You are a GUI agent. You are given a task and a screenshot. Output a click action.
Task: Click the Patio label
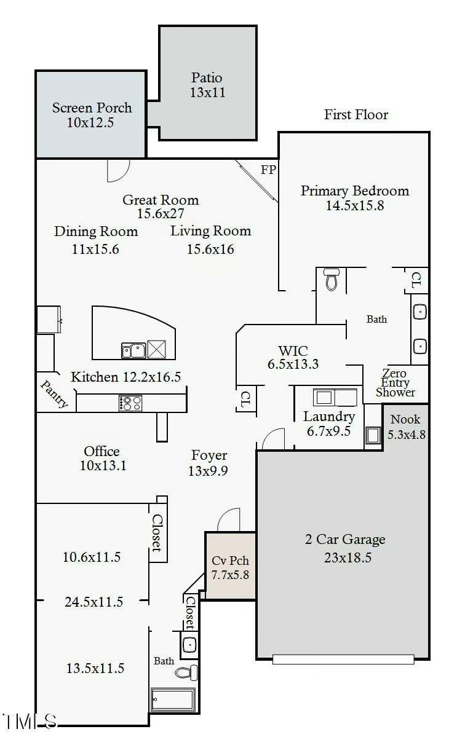click(207, 78)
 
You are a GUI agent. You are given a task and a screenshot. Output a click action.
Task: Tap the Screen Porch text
click(92, 108)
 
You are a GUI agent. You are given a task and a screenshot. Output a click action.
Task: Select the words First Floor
click(356, 114)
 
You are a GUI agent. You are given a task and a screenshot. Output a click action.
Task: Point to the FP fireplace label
click(268, 170)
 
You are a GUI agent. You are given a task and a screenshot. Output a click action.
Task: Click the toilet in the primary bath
click(332, 280)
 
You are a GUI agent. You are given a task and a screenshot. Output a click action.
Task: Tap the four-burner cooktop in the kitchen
click(130, 403)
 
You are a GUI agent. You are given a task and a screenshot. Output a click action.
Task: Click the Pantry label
click(55, 394)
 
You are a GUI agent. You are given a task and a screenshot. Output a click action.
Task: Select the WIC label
click(293, 351)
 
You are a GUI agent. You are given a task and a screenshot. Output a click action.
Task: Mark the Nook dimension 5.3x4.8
click(406, 435)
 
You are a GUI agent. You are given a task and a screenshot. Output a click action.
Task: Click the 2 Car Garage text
click(345, 540)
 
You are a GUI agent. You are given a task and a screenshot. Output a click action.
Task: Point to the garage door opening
click(343, 660)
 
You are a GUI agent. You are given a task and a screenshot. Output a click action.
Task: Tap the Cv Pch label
click(230, 561)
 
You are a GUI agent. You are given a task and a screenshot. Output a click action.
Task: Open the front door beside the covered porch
click(228, 520)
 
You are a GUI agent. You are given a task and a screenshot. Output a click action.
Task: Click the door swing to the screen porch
click(118, 170)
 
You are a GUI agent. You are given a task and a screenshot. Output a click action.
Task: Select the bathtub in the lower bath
click(173, 699)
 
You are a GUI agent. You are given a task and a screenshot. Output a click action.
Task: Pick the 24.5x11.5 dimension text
click(93, 602)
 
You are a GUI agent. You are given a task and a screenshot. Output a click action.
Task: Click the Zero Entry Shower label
click(395, 383)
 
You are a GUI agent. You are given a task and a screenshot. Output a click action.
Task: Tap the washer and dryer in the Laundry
click(335, 397)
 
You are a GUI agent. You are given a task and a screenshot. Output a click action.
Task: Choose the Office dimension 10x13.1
click(103, 466)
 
